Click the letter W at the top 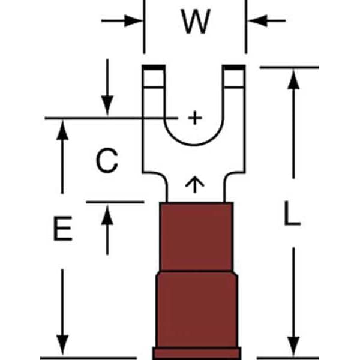(196, 22)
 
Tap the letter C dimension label (107, 160)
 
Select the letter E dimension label (62, 229)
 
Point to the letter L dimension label (292, 213)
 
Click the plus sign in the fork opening (195, 118)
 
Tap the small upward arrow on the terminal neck (194, 185)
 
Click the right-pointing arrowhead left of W (133, 20)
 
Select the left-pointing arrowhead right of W (258, 20)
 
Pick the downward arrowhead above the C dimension (107, 106)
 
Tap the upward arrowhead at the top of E (62, 130)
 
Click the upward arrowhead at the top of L (293, 79)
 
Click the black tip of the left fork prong (154, 67)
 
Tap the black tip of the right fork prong (234, 67)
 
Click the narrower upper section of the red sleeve (196, 236)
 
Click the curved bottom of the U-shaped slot (194, 145)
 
